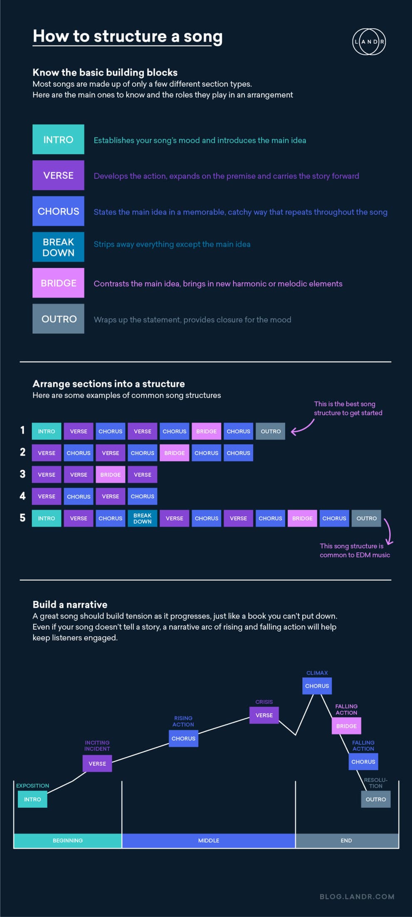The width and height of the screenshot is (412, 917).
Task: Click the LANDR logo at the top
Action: (369, 42)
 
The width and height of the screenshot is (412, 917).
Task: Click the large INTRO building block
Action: (58, 140)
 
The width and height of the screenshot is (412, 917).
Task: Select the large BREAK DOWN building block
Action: (58, 247)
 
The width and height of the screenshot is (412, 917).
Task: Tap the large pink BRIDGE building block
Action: (58, 283)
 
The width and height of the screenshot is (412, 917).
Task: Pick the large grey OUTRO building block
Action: (58, 319)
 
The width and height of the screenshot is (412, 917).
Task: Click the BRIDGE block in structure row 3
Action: (110, 475)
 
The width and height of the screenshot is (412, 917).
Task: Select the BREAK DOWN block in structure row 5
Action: (142, 518)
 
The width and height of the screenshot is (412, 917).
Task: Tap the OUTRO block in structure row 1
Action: (270, 431)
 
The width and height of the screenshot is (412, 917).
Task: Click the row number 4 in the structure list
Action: (22, 496)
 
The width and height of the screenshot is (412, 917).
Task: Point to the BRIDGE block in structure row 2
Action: (174, 453)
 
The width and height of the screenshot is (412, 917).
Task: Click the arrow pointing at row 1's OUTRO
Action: (302, 428)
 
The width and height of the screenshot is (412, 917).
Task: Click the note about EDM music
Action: (355, 550)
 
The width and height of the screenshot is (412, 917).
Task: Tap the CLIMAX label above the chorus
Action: (317, 673)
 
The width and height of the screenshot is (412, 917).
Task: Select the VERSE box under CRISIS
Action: (264, 715)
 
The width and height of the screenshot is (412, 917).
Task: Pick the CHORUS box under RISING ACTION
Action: (183, 738)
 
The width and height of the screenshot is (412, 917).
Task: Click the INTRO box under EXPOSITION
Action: (32, 799)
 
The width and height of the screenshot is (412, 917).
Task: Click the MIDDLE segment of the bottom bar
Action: (208, 840)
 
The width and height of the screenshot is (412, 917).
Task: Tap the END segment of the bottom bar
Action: (346, 840)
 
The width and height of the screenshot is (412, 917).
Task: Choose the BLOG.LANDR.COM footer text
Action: (357, 897)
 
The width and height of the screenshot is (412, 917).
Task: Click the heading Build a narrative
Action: (70, 604)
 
